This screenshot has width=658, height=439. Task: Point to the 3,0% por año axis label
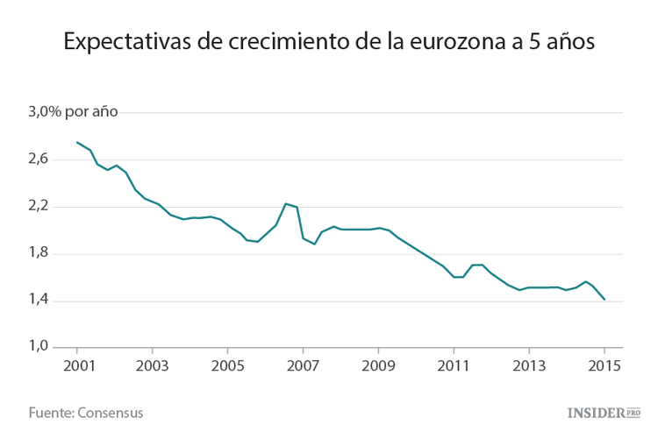[74, 112]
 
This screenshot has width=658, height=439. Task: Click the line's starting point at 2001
[77, 142]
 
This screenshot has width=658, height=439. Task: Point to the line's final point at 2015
[604, 300]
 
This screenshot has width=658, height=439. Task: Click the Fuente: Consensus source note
[86, 412]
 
